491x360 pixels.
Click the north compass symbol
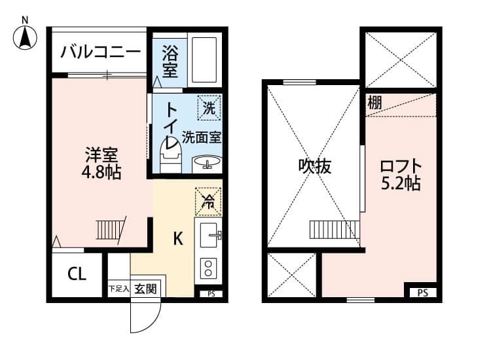[x=25, y=35]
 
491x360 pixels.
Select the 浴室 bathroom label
[x=170, y=60]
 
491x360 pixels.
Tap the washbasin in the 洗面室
[x=208, y=162]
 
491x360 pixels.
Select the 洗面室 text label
[x=201, y=137]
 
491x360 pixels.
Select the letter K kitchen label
[x=177, y=238]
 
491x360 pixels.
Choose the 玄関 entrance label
[x=146, y=288]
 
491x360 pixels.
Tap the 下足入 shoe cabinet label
[x=118, y=289]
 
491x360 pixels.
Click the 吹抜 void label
[x=315, y=166]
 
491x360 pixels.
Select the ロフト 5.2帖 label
[x=400, y=174]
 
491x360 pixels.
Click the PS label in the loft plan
[x=422, y=293]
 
